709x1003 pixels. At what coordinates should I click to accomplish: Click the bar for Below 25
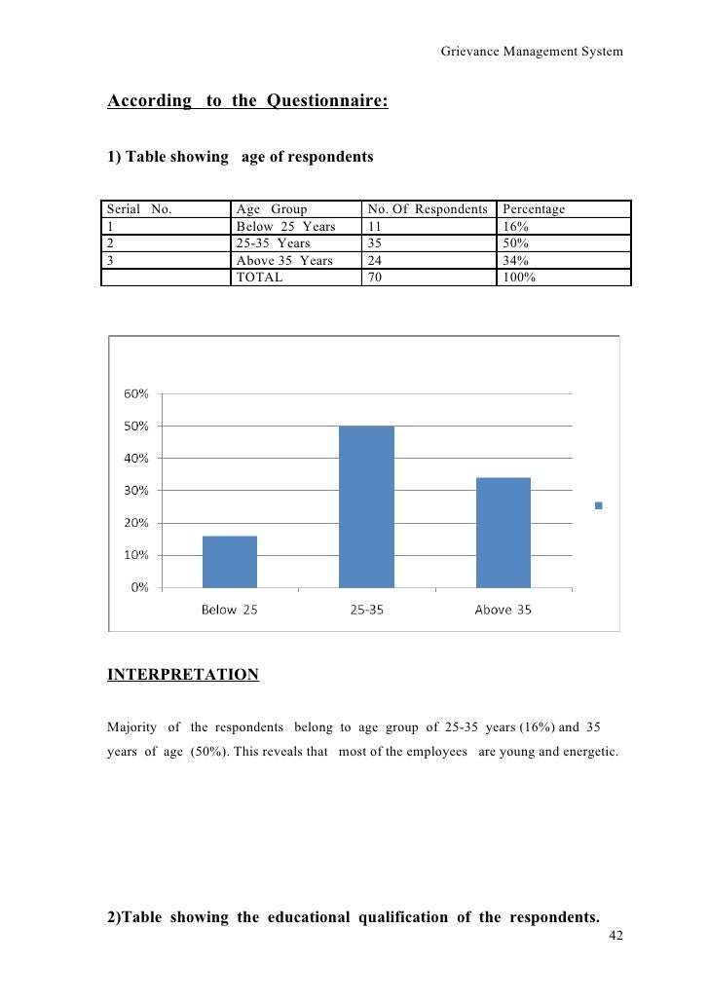[x=230, y=562]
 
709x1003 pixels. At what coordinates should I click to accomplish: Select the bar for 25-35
[x=366, y=506]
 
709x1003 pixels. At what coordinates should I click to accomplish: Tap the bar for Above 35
[x=504, y=533]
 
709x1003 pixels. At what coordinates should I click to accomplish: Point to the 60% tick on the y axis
[x=136, y=393]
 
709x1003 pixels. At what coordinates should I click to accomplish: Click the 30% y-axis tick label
[x=136, y=491]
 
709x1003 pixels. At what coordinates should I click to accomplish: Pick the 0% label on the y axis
[x=139, y=587]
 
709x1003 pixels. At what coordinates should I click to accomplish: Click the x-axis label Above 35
[x=503, y=611]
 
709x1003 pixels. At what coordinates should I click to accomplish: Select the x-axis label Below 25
[x=230, y=611]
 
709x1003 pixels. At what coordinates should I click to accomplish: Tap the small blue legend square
[x=598, y=505]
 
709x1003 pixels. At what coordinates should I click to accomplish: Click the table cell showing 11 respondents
[x=375, y=227]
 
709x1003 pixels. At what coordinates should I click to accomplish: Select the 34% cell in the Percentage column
[x=516, y=260]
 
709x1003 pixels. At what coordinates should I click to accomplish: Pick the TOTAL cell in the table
[x=259, y=277]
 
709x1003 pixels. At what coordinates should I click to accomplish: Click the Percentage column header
[x=534, y=209]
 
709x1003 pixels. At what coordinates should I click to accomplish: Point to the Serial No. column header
[x=139, y=209]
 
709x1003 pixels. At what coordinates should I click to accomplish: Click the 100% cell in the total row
[x=520, y=277]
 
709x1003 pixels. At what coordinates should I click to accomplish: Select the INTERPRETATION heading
[x=182, y=674]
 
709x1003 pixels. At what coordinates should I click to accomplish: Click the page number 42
[x=615, y=935]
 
